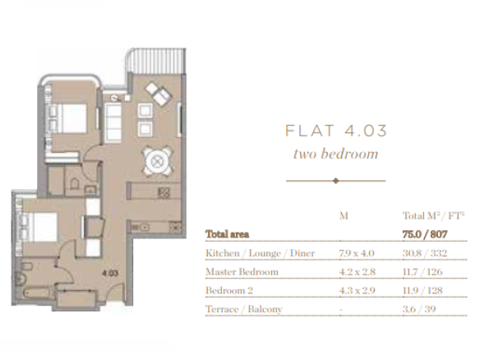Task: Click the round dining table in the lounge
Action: coord(157,161)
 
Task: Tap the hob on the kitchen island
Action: coord(164,192)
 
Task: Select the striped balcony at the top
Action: coord(155,61)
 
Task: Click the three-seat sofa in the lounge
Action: coord(113,123)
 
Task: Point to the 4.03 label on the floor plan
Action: coord(110,273)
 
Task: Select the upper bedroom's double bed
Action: coord(67,118)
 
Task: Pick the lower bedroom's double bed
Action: coord(39,227)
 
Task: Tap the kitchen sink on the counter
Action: coord(141,227)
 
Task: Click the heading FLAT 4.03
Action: coord(336,131)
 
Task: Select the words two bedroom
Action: coord(336,154)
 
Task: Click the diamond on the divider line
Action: coord(336,181)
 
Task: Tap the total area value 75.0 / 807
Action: coord(425,234)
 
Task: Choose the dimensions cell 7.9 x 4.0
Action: coord(357,253)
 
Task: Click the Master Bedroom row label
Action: coord(242,272)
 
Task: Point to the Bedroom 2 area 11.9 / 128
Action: coord(422,290)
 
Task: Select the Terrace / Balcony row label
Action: coord(243,309)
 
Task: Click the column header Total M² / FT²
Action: coord(433,216)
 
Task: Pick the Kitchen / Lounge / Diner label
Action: coord(261,253)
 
